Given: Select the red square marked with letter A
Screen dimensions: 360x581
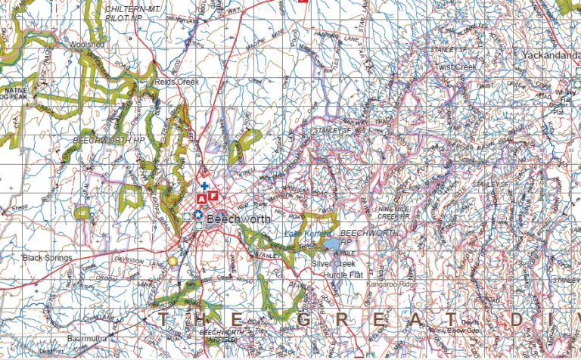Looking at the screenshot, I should click(202, 197).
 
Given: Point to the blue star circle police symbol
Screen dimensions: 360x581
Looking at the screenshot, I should click(197, 216).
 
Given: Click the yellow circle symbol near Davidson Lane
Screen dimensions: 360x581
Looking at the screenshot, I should click(172, 260).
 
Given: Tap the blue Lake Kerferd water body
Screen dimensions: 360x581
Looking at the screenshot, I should click(331, 245).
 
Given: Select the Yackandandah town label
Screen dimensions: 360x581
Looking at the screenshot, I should click(551, 55).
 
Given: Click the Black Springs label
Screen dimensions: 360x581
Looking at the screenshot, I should click(47, 258).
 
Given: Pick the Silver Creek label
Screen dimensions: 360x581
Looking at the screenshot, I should click(333, 263).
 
